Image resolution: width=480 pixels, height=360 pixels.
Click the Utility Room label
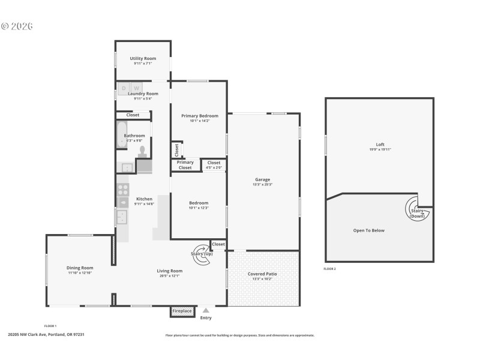143,58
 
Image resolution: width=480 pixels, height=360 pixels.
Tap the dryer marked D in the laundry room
124,88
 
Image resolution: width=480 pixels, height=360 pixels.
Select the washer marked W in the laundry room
136,88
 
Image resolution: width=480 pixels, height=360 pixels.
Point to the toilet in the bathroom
142,151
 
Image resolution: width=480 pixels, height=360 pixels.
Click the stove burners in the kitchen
122,190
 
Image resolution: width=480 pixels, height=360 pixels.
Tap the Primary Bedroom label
200,115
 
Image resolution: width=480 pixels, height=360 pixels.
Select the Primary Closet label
185,165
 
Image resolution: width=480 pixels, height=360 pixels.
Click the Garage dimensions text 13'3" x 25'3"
263,184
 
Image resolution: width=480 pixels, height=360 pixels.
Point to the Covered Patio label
263,274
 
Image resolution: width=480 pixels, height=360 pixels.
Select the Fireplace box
182,311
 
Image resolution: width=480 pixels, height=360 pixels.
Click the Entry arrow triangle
206,310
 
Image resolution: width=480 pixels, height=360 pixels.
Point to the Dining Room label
80,268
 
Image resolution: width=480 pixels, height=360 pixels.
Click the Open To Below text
369,230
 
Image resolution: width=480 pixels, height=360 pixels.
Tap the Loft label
380,144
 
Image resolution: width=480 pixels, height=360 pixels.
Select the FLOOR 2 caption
329,269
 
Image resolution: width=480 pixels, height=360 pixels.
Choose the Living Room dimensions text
170,275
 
